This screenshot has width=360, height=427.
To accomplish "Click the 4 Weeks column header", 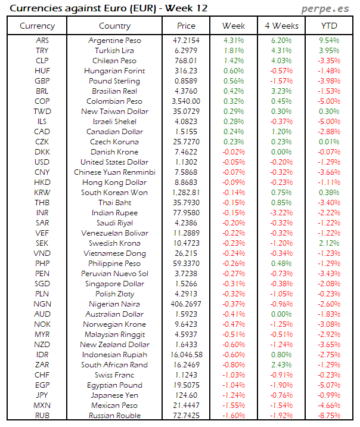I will click(281, 26).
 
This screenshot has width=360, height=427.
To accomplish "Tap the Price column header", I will click(187, 26).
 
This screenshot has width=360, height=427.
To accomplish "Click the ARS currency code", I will click(42, 41).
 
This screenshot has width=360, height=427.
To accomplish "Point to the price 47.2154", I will click(187, 41).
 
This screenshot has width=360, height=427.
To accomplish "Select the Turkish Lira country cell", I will click(114, 51).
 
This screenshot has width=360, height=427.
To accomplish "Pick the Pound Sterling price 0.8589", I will click(187, 81).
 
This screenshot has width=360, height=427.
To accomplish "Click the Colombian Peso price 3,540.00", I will click(187, 101).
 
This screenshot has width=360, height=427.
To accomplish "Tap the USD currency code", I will click(42, 162).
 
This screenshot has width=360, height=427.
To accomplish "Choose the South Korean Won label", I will click(114, 193).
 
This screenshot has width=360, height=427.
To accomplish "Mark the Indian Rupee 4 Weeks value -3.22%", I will click(281, 213).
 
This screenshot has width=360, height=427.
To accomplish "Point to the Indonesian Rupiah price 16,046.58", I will click(187, 355).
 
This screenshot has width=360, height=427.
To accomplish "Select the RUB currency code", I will click(42, 416).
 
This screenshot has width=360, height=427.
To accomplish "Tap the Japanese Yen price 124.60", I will click(187, 395).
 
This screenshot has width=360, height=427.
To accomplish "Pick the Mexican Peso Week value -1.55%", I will click(234, 406).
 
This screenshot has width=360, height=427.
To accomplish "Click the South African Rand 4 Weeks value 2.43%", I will click(281, 365).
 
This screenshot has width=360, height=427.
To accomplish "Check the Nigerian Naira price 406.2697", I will click(187, 304).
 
